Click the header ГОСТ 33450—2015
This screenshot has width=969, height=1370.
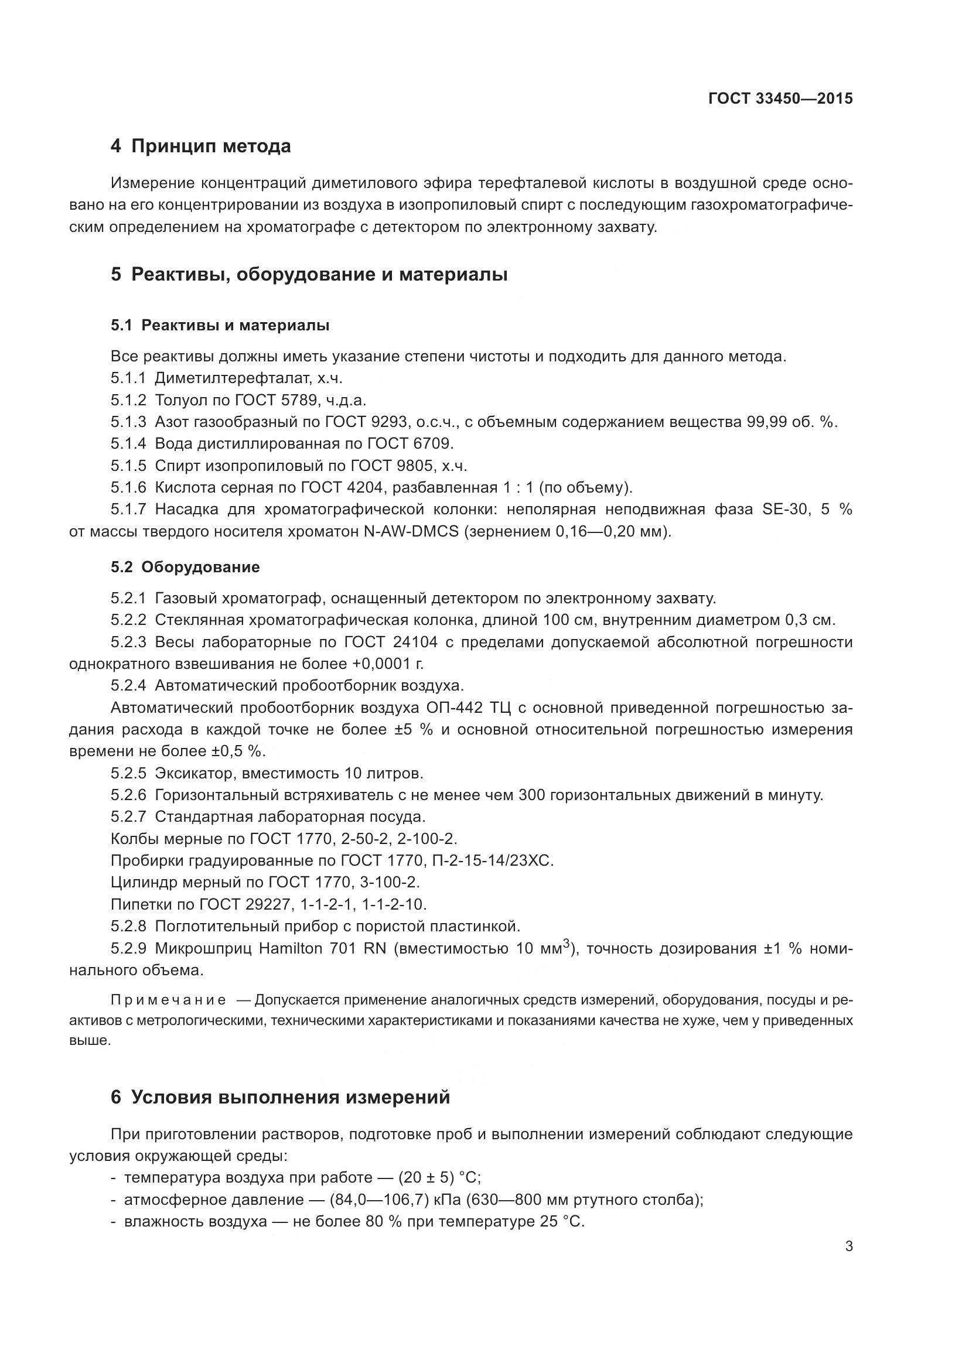tap(780, 98)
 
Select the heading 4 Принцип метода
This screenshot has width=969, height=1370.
tap(200, 146)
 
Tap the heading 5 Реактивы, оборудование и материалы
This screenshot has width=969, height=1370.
tap(309, 275)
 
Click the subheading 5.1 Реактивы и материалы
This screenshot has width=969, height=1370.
tap(220, 325)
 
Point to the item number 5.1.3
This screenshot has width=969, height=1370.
tap(128, 422)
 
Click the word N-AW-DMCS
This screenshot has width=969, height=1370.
tap(411, 531)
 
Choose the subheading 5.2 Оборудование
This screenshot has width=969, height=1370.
tap(185, 567)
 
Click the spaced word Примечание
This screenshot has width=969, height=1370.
tap(168, 1000)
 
